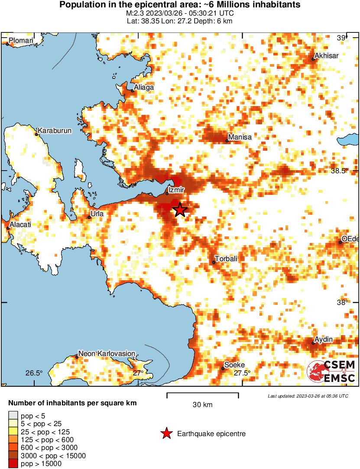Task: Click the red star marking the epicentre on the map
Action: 180,210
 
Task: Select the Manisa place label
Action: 240,137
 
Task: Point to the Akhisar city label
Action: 327,55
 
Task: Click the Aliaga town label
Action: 144,87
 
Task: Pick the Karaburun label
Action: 55,130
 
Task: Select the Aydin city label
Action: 324,339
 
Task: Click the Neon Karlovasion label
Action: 107,353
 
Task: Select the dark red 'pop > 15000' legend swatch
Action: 13,464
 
